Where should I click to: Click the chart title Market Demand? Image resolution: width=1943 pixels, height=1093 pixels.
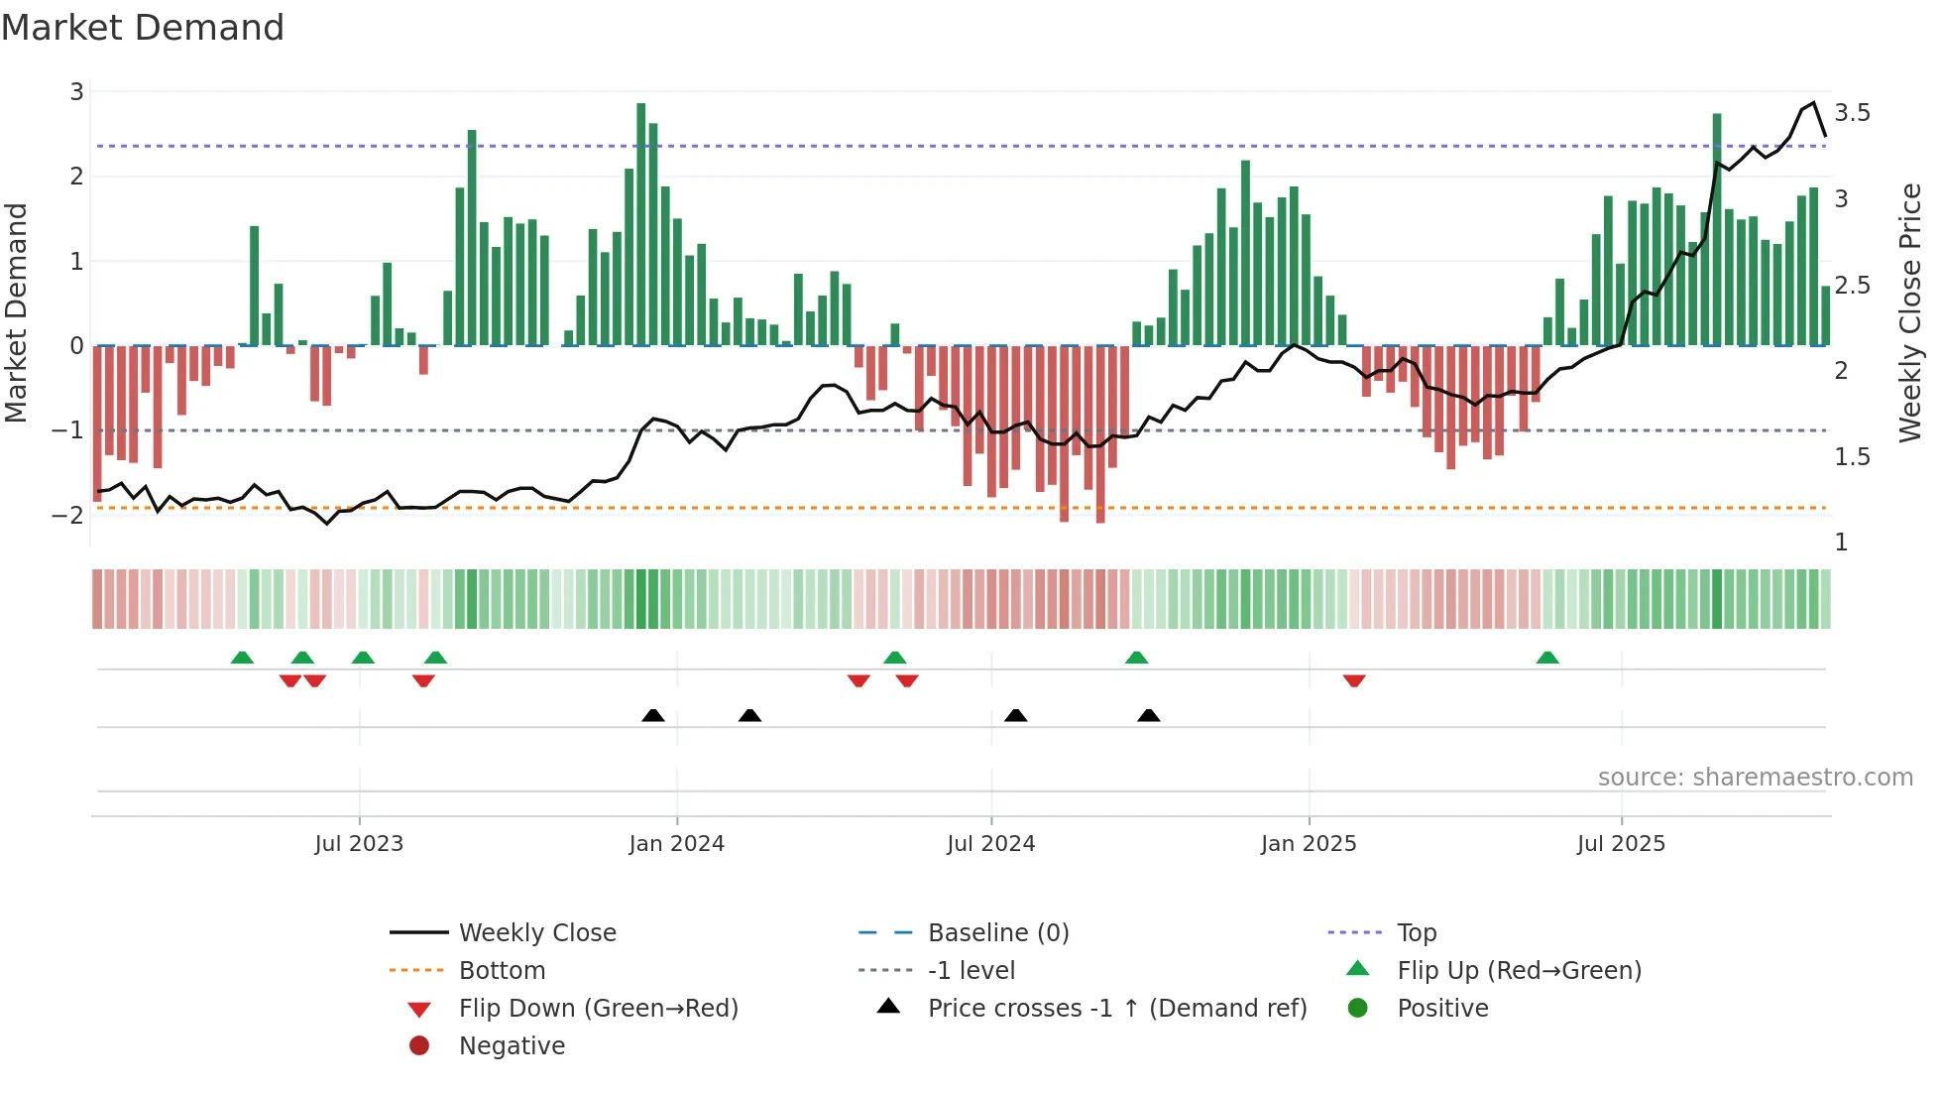pos(143,28)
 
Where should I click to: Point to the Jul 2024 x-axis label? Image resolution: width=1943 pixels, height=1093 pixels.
pos(990,843)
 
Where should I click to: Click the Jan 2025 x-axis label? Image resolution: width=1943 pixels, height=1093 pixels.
pos(1308,843)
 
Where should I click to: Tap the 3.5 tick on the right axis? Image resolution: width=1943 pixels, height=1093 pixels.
pos(1852,113)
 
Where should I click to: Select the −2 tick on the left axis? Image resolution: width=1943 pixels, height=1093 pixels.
pos(67,515)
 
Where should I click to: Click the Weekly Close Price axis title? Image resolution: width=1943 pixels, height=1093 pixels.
pos(1909,312)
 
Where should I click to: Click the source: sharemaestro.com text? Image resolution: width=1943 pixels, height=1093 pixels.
pos(1755,777)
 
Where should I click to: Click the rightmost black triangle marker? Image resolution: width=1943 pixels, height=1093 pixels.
pos(1148,715)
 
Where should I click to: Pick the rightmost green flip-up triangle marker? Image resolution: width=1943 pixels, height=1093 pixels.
pos(1547,658)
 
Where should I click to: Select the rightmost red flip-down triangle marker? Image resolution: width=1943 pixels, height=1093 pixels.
pos(1354,680)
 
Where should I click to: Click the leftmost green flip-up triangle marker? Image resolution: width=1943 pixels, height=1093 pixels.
pos(242,658)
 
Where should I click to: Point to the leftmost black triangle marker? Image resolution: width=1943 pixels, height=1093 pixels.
pos(653,715)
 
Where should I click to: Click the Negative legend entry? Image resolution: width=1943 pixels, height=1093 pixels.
pos(511,1045)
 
